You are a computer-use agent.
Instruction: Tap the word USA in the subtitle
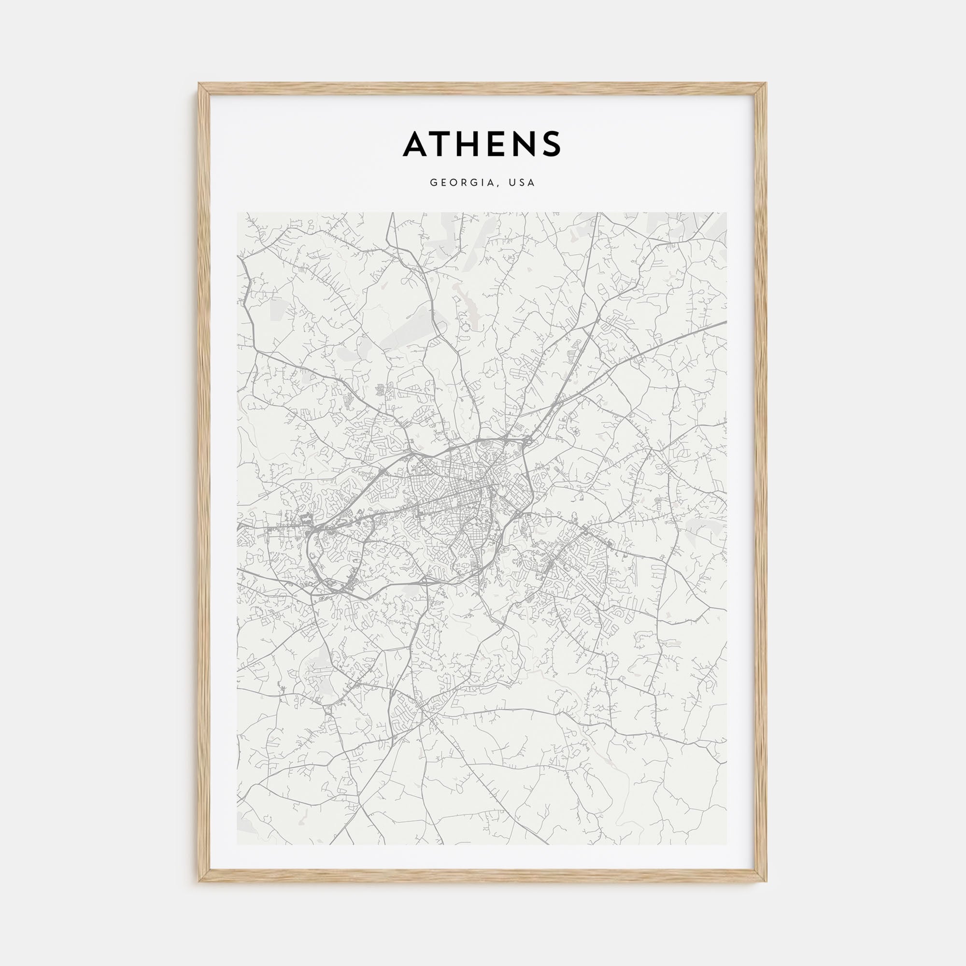(x=522, y=183)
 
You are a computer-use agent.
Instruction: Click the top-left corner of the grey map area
(x=238, y=213)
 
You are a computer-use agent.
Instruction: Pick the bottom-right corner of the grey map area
(x=726, y=844)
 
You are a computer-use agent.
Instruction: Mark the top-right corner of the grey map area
(x=726, y=213)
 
